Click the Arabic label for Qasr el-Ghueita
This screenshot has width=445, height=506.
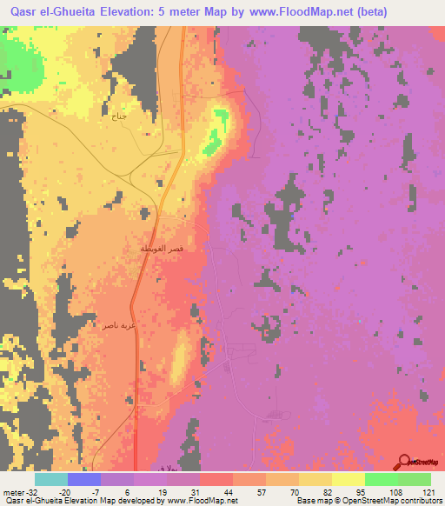[163, 250]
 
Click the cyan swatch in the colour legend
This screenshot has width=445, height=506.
[51, 479]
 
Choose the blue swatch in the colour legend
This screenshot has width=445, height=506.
[84, 479]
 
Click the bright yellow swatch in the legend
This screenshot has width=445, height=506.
[348, 479]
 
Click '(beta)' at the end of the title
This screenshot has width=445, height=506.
[369, 10]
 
